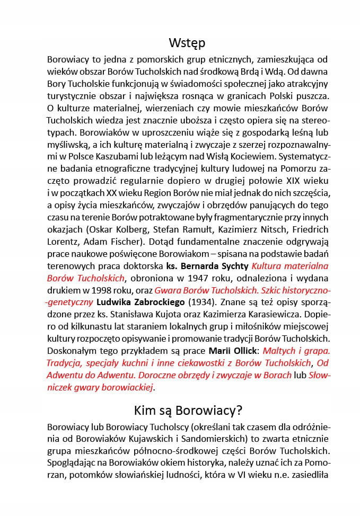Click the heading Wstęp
187,42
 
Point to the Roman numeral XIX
292,193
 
